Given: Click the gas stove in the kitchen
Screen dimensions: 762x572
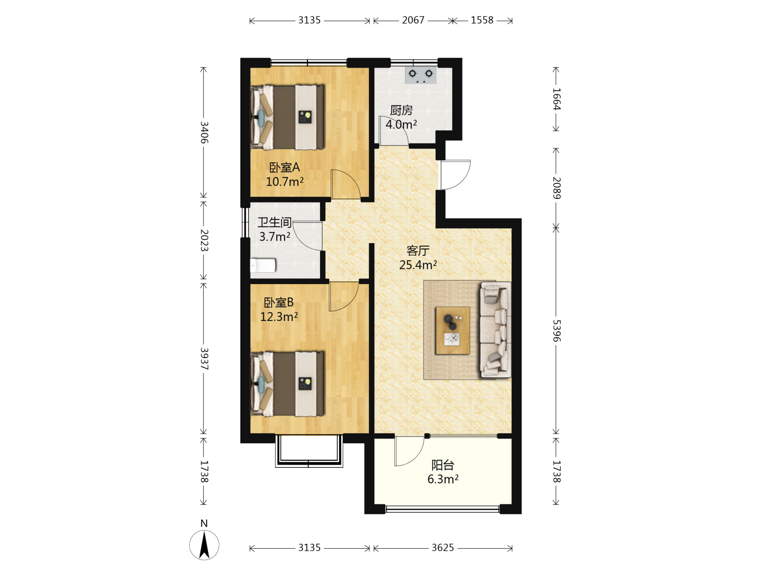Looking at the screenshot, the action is pyautogui.click(x=420, y=75).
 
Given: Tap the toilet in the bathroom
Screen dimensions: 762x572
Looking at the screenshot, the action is pyautogui.click(x=263, y=266).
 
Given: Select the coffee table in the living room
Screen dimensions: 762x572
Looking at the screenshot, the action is pyautogui.click(x=452, y=330).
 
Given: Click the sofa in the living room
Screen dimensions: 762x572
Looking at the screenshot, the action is pyautogui.click(x=495, y=330).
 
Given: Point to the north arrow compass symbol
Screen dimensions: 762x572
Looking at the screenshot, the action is pyautogui.click(x=204, y=545).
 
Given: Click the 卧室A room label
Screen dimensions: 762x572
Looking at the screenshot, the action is pyautogui.click(x=284, y=168).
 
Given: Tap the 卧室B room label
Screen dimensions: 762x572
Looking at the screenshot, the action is pyautogui.click(x=279, y=302).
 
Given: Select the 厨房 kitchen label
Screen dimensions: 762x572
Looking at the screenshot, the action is pyautogui.click(x=401, y=110).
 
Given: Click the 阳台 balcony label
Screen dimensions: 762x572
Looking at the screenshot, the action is pyautogui.click(x=443, y=465).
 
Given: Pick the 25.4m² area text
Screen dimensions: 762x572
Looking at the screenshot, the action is pyautogui.click(x=418, y=265).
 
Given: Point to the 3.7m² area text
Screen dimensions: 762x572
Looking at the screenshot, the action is pyautogui.click(x=275, y=236).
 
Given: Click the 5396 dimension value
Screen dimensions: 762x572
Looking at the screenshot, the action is pyautogui.click(x=556, y=331).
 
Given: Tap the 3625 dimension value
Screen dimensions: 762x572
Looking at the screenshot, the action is pyautogui.click(x=443, y=548).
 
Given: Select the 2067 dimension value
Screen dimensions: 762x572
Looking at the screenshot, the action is pyautogui.click(x=413, y=20).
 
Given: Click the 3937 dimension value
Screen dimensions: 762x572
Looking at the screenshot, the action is pyautogui.click(x=204, y=359).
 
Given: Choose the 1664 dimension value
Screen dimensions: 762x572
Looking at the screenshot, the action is pyautogui.click(x=556, y=99).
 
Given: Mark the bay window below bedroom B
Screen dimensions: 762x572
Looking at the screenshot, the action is pyautogui.click(x=309, y=451).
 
